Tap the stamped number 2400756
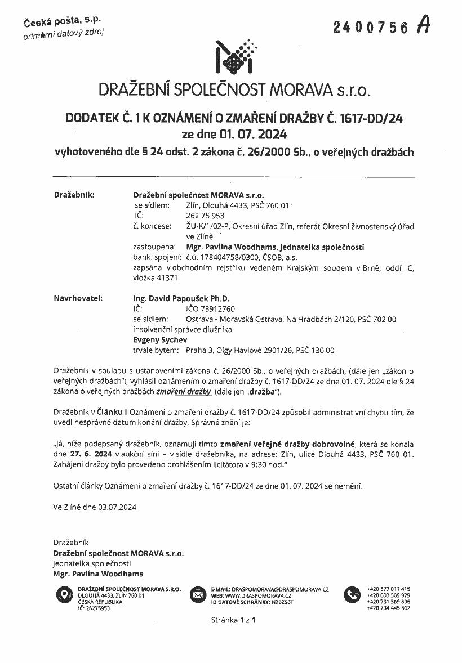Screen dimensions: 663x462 tap(370, 28)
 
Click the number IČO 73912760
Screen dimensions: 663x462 tap(210, 308)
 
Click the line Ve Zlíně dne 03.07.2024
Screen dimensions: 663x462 tap(95, 507)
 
